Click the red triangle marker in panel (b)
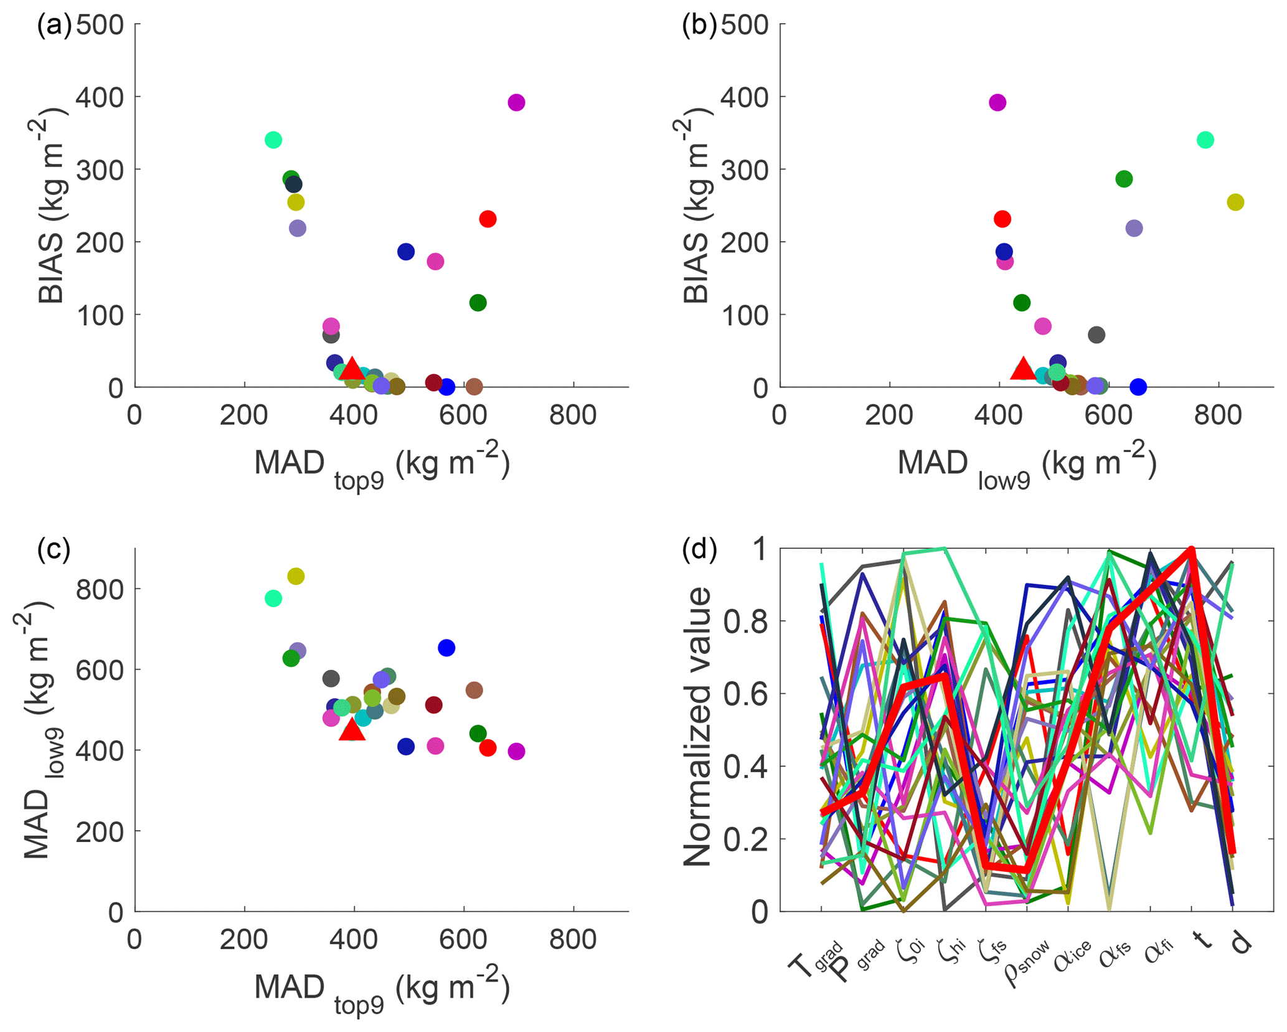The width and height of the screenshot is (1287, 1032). coord(1022,369)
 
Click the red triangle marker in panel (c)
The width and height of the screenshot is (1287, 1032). coord(352,729)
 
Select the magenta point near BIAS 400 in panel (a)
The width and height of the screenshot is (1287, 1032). coord(516,102)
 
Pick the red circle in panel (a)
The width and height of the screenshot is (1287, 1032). coord(488,219)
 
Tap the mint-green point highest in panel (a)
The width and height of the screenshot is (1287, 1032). coord(273,140)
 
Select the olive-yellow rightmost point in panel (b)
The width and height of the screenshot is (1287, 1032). coord(1235,202)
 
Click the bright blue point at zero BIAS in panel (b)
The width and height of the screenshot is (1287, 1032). coord(1138,387)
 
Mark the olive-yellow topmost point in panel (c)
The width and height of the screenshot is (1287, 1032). coord(296,576)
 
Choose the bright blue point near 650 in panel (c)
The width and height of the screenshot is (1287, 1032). coord(446,648)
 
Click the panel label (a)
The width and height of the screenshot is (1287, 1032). coord(54,26)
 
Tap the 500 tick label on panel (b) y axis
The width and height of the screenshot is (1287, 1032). coord(745,26)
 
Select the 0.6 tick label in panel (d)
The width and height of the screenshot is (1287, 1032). coord(745,694)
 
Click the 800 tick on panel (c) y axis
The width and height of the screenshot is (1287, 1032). coord(100,589)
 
